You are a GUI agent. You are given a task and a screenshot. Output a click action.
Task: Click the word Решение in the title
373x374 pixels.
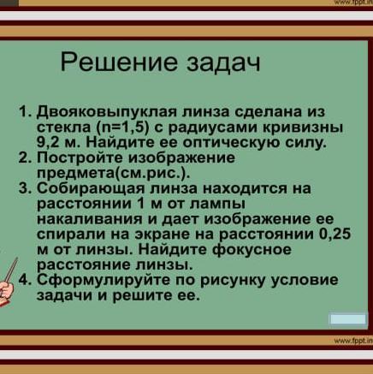(119, 62)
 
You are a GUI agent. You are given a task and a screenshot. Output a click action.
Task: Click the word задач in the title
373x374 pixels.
(223, 63)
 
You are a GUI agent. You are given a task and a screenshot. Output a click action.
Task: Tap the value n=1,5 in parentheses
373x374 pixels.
(121, 128)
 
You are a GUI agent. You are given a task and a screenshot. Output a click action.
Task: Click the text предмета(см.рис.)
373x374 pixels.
(113, 173)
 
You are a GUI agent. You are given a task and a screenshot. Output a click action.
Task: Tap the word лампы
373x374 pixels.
(216, 205)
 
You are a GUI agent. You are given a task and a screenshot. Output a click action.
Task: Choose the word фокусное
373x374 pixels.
(252, 250)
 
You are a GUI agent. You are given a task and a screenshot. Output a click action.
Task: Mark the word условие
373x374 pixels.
(304, 280)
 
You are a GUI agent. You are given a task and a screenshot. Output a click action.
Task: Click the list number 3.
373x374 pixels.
(23, 188)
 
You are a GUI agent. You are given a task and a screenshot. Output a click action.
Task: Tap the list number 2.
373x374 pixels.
(23, 157)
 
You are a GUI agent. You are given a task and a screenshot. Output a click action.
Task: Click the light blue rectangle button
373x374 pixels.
(347, 319)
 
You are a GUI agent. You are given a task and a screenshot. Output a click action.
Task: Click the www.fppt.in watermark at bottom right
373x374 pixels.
(353, 340)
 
